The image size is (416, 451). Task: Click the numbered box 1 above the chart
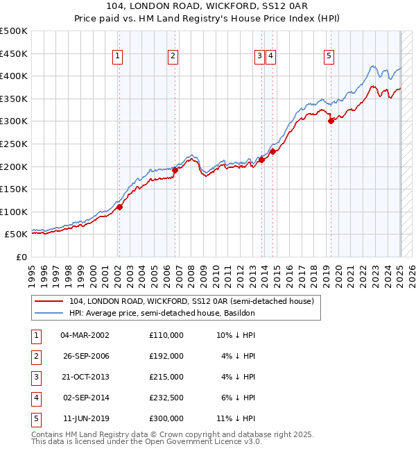(119, 57)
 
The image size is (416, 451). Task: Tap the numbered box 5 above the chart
(329, 57)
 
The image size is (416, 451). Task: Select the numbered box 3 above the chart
(259, 57)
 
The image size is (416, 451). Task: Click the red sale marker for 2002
(119, 207)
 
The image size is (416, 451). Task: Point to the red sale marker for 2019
(331, 121)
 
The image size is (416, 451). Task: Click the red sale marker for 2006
(175, 169)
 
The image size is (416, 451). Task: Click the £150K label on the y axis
(14, 189)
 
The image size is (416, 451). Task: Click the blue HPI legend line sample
(50, 313)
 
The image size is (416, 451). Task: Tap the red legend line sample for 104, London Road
(50, 301)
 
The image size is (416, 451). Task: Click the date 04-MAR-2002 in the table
(85, 335)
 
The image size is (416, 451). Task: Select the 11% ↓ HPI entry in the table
(236, 418)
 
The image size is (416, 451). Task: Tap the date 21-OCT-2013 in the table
(85, 377)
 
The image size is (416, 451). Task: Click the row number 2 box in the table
(35, 356)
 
